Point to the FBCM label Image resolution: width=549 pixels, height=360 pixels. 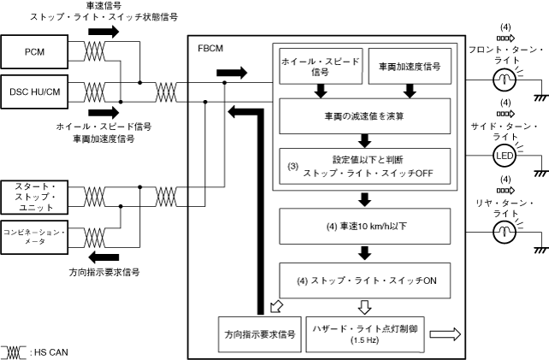(210, 49)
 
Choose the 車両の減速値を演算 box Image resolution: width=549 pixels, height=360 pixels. (364, 114)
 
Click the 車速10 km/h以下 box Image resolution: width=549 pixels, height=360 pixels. (364, 227)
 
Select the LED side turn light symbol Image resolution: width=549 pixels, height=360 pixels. (504, 156)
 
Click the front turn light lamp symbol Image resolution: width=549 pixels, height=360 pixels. (504, 78)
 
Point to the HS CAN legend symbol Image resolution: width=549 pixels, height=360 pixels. (15, 351)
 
